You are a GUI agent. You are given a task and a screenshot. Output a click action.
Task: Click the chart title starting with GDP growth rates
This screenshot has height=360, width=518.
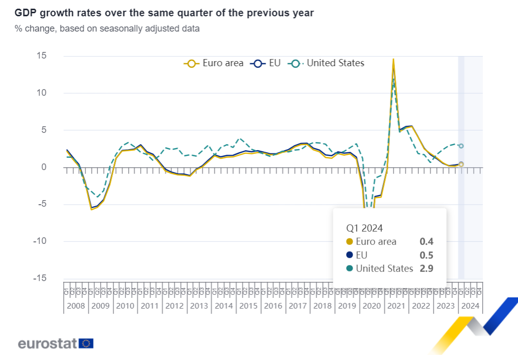click(164, 13)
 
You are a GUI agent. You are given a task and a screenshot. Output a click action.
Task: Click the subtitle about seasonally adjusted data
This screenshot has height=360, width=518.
click(107, 29)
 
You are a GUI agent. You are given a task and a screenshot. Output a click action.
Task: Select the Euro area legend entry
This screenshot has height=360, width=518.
click(214, 63)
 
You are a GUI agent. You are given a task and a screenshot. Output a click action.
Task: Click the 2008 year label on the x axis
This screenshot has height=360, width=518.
click(75, 306)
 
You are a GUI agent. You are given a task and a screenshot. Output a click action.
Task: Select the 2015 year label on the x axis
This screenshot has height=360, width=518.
click(248, 306)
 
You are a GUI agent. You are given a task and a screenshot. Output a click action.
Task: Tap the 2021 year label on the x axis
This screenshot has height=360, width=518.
click(396, 306)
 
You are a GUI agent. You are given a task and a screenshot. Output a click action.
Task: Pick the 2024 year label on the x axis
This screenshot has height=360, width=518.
click(470, 306)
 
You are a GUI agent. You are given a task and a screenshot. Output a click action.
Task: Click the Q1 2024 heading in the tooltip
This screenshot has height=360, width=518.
click(364, 228)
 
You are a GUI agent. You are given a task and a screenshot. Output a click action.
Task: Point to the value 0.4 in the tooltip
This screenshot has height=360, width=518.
click(426, 242)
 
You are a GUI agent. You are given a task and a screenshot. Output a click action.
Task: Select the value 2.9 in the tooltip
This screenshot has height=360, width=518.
click(426, 268)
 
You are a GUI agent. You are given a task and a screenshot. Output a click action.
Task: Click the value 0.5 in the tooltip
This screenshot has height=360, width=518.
click(426, 255)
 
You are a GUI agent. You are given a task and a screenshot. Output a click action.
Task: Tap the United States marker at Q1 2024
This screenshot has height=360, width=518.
click(461, 146)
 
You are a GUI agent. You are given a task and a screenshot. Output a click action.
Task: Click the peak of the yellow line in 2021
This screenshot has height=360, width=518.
click(393, 60)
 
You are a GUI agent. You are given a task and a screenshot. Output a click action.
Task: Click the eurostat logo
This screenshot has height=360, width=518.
click(55, 343)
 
